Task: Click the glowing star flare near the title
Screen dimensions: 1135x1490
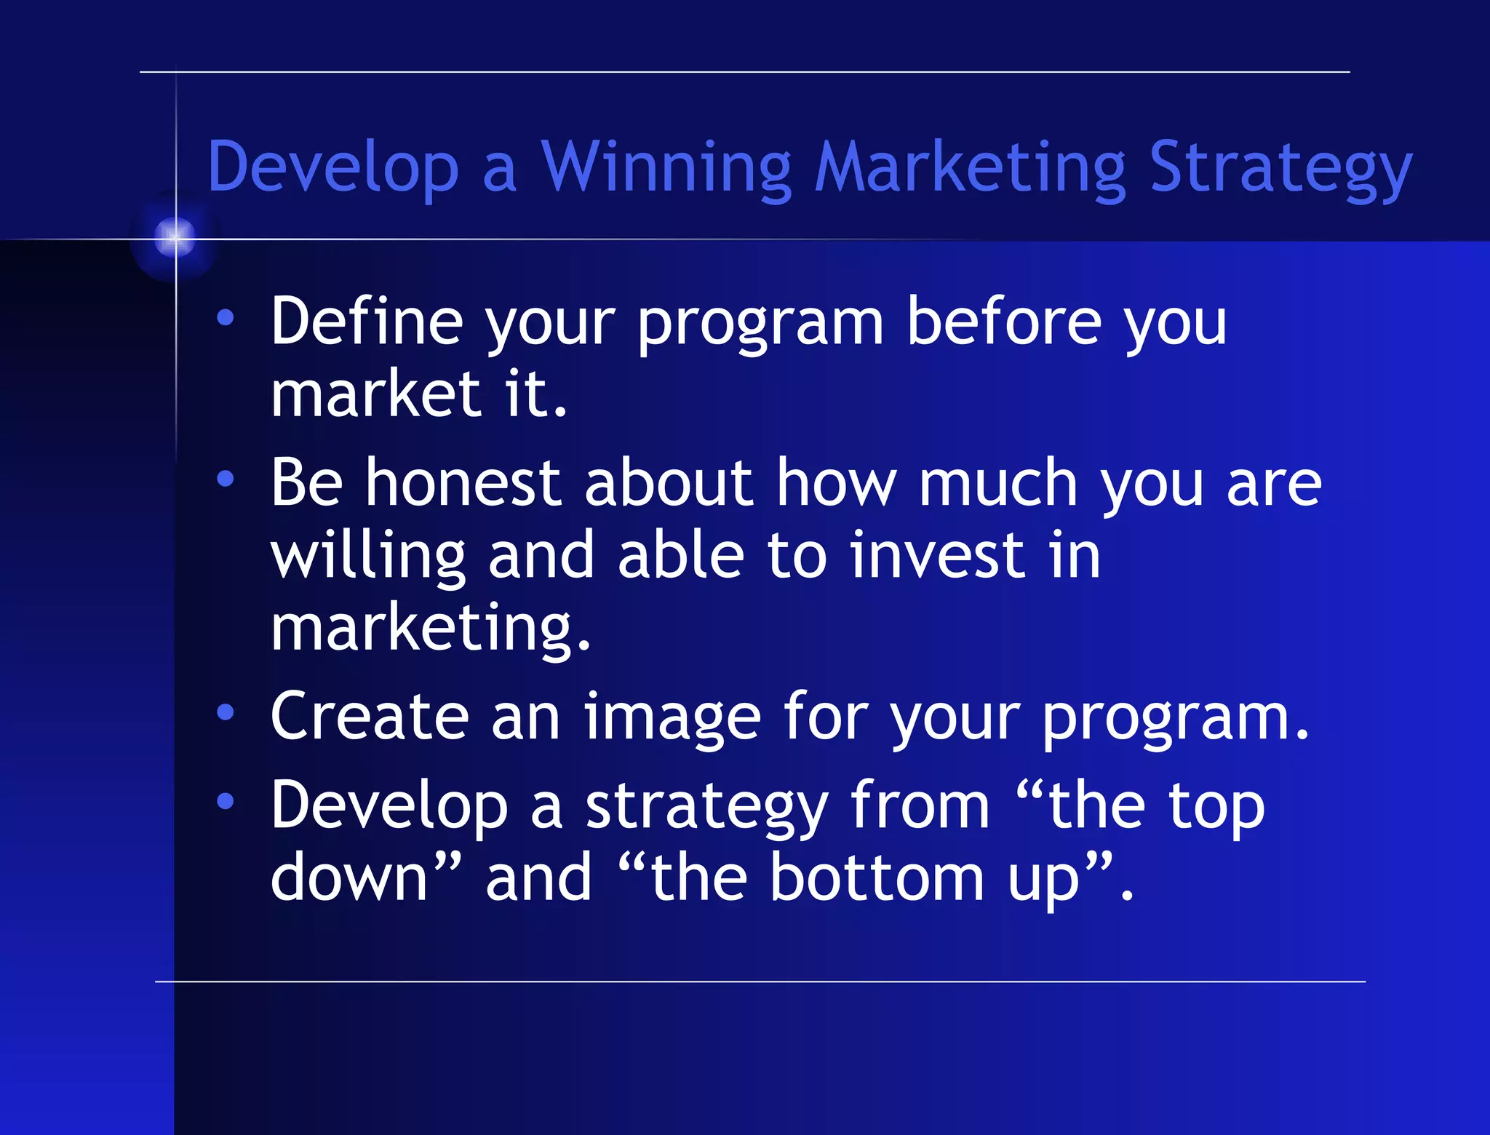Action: point(175,236)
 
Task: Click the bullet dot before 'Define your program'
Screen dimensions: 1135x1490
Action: point(226,317)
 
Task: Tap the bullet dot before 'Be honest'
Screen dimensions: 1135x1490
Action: point(226,479)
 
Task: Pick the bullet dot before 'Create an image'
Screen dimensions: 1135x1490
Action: point(226,713)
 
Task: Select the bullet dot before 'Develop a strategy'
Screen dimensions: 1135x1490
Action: point(226,801)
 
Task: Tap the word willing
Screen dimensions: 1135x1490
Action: point(367,557)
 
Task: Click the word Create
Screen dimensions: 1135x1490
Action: point(370,717)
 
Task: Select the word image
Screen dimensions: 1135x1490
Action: point(672,718)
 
